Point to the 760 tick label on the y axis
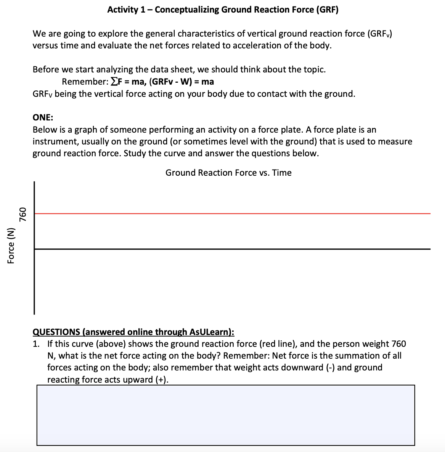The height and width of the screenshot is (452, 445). click(x=23, y=215)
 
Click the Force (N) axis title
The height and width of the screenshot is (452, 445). click(x=11, y=246)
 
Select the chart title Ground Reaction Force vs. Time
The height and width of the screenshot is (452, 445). click(x=228, y=173)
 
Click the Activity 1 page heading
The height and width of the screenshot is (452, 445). click(x=223, y=10)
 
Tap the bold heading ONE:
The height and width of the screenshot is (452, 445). click(x=43, y=117)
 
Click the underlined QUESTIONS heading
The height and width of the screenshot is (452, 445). click(x=133, y=332)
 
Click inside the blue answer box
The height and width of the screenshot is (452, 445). click(x=225, y=415)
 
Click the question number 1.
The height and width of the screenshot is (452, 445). click(x=35, y=344)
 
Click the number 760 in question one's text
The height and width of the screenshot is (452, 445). click(x=398, y=344)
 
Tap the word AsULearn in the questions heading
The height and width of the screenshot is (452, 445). click(x=209, y=332)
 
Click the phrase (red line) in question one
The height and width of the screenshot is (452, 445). click(x=277, y=344)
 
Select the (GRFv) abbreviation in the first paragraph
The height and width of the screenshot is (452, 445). click(x=379, y=34)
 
